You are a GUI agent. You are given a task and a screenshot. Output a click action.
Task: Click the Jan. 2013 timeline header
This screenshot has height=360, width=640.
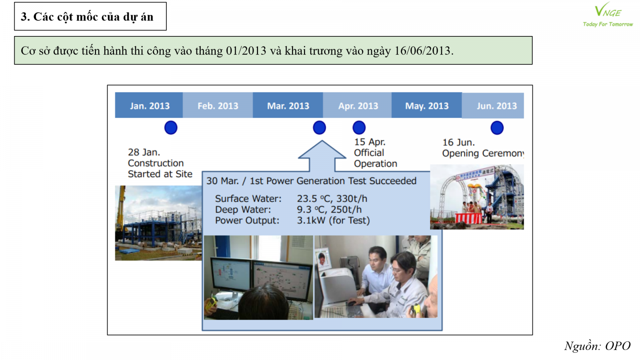click(149, 105)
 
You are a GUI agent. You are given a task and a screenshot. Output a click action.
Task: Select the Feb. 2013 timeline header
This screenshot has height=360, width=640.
click(218, 105)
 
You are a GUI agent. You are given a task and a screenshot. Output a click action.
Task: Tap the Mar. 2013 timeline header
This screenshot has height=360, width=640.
click(288, 105)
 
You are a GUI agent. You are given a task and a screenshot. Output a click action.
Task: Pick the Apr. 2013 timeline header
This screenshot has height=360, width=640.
click(358, 105)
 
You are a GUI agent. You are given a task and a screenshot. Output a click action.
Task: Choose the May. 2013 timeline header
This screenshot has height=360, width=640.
click(427, 105)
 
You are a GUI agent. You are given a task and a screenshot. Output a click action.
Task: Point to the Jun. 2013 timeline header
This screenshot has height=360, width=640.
click(493, 105)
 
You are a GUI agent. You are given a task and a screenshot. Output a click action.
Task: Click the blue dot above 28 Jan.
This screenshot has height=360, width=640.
click(171, 128)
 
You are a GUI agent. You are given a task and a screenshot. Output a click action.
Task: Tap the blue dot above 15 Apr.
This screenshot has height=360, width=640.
click(359, 128)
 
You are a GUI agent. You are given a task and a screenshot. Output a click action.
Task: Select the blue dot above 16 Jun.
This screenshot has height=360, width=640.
click(497, 128)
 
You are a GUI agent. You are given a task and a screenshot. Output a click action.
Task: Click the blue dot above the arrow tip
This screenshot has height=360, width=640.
click(320, 128)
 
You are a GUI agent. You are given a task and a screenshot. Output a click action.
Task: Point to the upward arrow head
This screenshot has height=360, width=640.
click(322, 150)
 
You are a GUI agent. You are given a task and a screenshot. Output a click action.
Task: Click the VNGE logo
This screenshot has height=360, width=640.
click(608, 15)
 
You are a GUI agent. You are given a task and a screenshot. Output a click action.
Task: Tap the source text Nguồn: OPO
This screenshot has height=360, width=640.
click(597, 346)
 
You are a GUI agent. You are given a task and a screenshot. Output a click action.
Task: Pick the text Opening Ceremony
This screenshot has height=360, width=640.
click(483, 154)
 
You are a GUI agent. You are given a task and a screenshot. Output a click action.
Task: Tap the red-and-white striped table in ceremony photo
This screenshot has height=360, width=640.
click(468, 218)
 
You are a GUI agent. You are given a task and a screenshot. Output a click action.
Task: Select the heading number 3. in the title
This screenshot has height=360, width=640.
click(25, 17)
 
